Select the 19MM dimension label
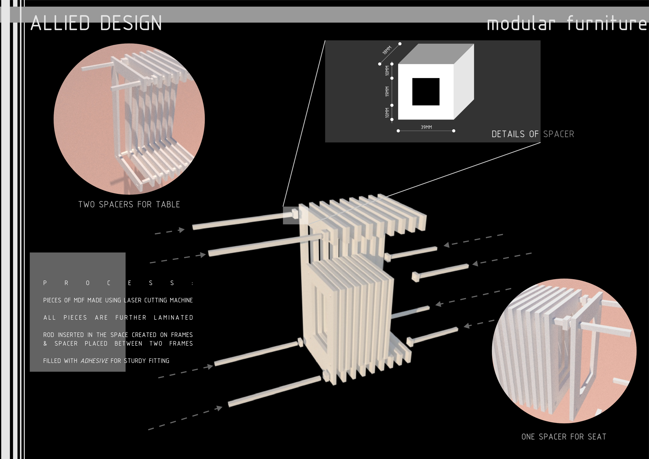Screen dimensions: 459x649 click(x=387, y=91)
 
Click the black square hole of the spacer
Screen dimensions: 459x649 click(x=426, y=92)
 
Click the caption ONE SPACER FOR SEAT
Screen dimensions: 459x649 click(x=564, y=437)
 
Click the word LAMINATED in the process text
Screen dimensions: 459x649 click(x=173, y=318)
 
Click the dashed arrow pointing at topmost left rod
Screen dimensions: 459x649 click(x=170, y=231)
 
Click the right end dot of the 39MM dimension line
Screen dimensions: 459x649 click(x=454, y=131)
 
